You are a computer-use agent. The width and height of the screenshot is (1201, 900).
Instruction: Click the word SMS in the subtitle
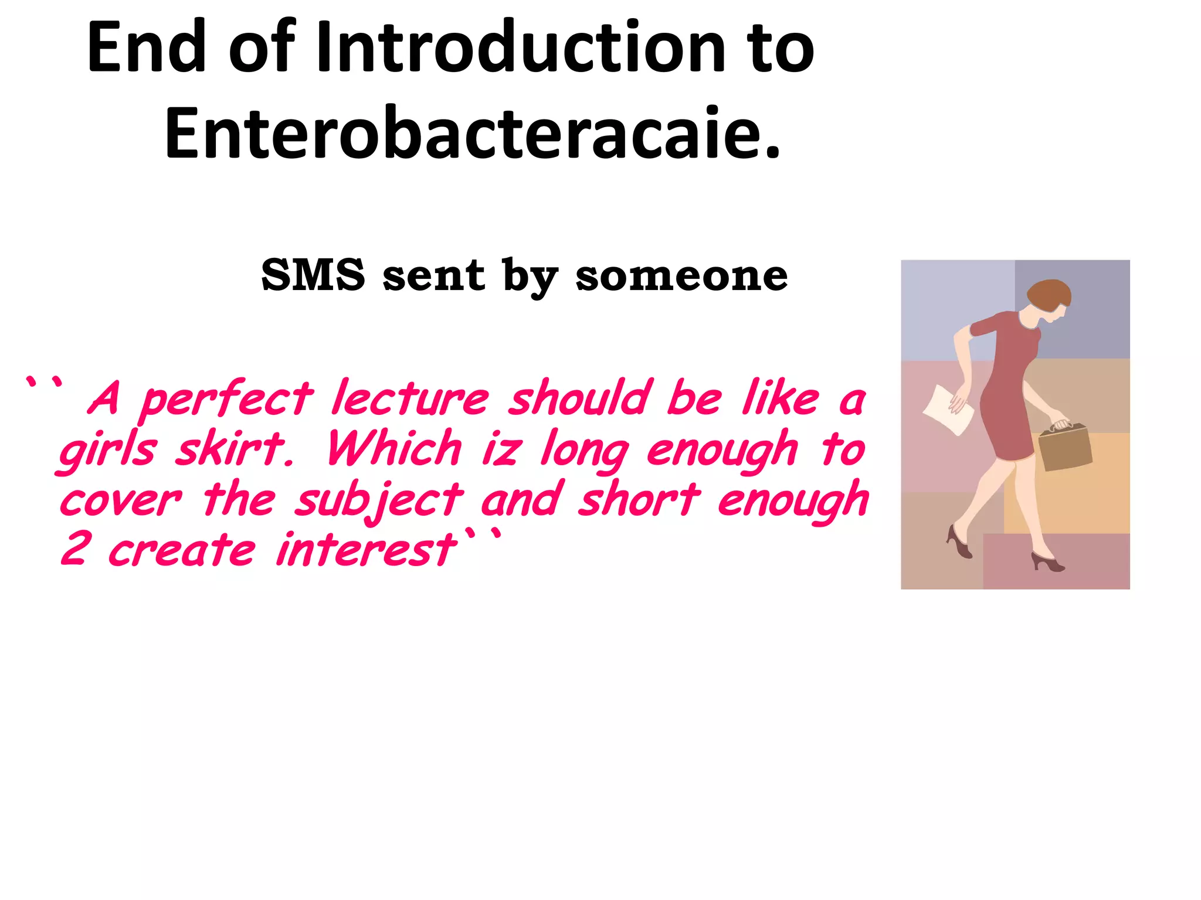[x=313, y=275]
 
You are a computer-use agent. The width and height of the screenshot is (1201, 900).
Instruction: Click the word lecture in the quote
[x=410, y=398]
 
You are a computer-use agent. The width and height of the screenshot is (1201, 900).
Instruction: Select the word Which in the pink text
[x=394, y=449]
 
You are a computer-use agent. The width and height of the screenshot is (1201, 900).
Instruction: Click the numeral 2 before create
[x=75, y=549]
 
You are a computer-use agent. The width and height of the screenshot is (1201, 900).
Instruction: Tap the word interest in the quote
[x=366, y=549]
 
